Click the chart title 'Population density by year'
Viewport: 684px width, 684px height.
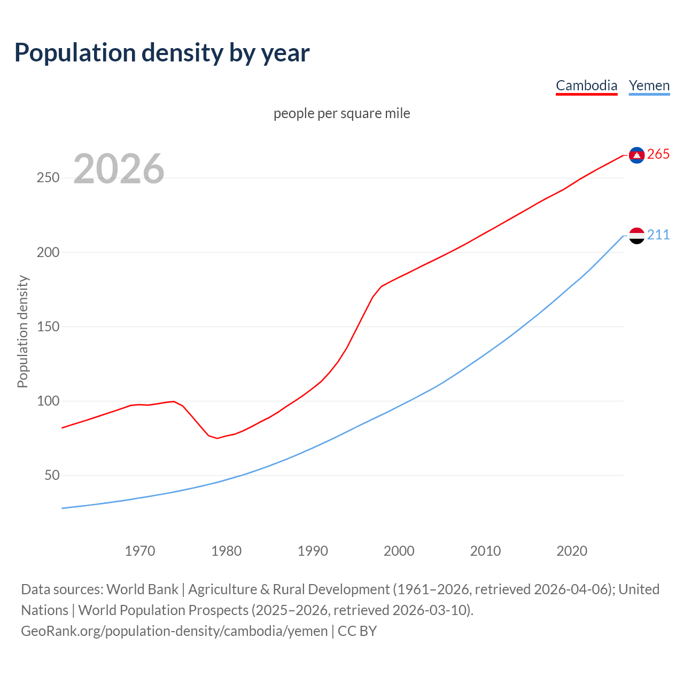click(162, 52)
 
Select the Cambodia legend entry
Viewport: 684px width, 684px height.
click(586, 85)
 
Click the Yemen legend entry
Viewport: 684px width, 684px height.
click(649, 85)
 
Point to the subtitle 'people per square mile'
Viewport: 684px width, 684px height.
click(341, 113)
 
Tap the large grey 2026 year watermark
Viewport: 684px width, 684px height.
click(119, 169)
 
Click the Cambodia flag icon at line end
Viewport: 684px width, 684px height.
click(636, 155)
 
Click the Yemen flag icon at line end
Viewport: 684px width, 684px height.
click(636, 235)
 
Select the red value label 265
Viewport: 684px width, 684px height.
click(658, 154)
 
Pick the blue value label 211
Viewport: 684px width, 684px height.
click(658, 235)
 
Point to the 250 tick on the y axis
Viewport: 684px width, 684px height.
click(48, 178)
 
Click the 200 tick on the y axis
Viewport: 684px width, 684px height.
click(48, 252)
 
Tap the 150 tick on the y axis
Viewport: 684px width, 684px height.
click(48, 327)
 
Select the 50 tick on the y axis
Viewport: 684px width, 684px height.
click(52, 475)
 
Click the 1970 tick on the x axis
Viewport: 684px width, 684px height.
click(140, 551)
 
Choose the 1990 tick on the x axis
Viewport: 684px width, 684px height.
click(313, 551)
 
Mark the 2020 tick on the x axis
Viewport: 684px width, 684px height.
click(572, 551)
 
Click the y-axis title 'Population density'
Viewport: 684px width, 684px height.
click(22, 331)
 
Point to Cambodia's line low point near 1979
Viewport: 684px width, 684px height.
click(217, 438)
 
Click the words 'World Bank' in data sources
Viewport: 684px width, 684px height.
click(142, 589)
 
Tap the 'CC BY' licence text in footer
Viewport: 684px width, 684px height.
click(357, 631)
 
